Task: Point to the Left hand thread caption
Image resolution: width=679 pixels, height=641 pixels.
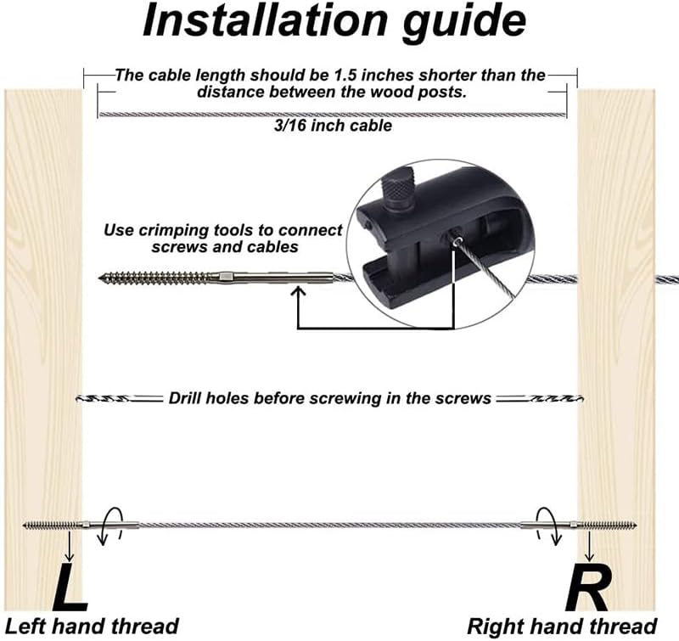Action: tap(93, 627)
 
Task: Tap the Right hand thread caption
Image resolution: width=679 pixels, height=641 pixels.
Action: tap(563, 627)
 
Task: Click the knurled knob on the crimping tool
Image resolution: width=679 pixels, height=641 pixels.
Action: tap(396, 194)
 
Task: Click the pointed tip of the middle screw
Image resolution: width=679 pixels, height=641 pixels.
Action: tap(102, 277)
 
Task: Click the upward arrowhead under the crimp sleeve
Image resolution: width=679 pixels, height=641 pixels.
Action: tap(298, 293)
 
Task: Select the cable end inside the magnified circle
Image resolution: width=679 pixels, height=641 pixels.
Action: tap(457, 243)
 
